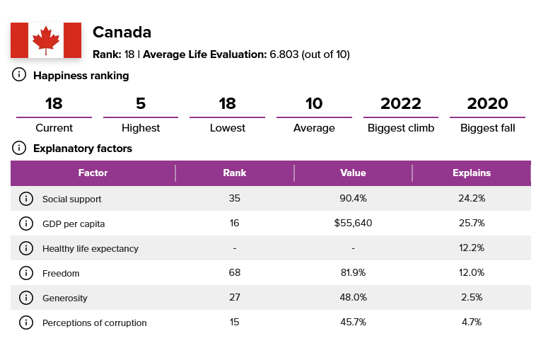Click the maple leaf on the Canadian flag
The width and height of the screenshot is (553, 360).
[46, 40]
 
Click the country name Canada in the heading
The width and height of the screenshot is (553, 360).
[122, 33]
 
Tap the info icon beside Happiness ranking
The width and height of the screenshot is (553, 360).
[20, 75]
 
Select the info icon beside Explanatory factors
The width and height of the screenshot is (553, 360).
[20, 148]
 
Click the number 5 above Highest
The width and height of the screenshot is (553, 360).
[141, 103]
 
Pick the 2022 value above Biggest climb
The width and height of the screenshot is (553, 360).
[401, 103]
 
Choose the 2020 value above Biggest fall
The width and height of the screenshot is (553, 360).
[487, 103]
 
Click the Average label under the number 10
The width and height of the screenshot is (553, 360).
[314, 128]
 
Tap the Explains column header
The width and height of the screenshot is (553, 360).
[472, 173]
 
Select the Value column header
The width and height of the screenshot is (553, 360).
[353, 173]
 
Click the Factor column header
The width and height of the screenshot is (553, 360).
[93, 173]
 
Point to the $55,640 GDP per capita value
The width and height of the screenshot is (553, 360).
[353, 223]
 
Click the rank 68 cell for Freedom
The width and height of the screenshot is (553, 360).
[234, 273]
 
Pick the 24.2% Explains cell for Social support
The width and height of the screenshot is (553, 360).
[472, 199]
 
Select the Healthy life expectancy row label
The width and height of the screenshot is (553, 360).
[91, 248]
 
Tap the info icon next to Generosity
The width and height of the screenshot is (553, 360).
[26, 298]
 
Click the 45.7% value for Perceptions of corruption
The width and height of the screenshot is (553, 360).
[353, 323]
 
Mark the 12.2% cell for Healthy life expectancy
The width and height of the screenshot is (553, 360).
[472, 248]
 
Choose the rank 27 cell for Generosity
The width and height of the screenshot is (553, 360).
[234, 298]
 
